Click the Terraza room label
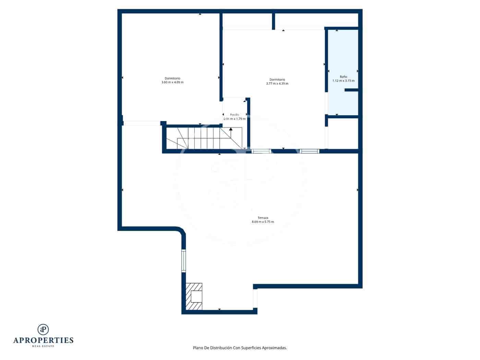pyautogui.click(x=263, y=217)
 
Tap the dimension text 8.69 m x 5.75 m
pyautogui.click(x=263, y=222)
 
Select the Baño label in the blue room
pyautogui.click(x=343, y=77)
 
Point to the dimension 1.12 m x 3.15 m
pyautogui.click(x=343, y=81)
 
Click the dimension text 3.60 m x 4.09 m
pyautogui.click(x=172, y=82)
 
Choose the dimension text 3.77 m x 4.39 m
pyautogui.click(x=277, y=84)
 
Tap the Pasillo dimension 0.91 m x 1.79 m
pyautogui.click(x=235, y=119)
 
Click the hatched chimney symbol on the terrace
pyautogui.click(x=194, y=296)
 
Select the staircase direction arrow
pyautogui.click(x=231, y=129)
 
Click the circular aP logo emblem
pyautogui.click(x=43, y=329)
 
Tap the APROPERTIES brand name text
pyautogui.click(x=43, y=340)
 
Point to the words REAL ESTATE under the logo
pyautogui.click(x=43, y=346)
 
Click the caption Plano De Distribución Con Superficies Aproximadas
pyautogui.click(x=240, y=348)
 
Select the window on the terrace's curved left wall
pyautogui.click(x=183, y=261)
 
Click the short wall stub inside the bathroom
pyautogui.click(x=351, y=90)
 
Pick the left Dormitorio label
pyautogui.click(x=172, y=78)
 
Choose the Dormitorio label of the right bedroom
pyautogui.click(x=277, y=80)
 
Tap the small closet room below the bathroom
pyautogui.click(x=343, y=133)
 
